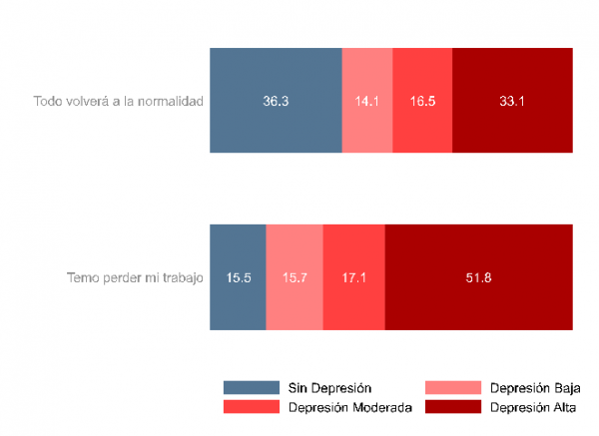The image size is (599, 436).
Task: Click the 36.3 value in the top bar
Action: point(276,101)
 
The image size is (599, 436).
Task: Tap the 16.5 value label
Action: point(422,101)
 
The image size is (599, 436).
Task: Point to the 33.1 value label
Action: point(513,101)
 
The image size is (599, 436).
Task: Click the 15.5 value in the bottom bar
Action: point(238,277)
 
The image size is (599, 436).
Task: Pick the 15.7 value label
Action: point(295,277)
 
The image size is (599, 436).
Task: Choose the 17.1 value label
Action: point(354,277)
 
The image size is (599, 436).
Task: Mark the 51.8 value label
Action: point(478,277)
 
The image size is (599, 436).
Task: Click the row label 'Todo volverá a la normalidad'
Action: point(118,101)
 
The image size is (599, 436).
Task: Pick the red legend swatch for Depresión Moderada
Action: point(253,406)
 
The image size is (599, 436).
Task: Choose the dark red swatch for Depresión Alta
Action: point(454,406)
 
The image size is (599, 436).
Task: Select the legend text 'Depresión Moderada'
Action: point(350,406)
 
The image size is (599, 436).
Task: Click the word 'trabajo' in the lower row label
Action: point(183,277)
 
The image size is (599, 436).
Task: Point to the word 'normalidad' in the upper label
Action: point(172,101)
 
